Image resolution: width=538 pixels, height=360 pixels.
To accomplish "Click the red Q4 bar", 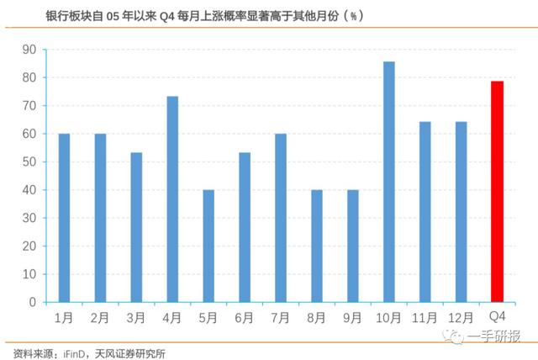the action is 497,192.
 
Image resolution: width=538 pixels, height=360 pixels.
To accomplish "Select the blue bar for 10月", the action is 389,182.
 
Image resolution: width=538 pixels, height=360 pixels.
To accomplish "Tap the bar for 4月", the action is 172,199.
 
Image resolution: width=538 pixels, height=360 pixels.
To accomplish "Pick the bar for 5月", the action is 208,246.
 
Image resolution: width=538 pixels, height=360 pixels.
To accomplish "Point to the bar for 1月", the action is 64,218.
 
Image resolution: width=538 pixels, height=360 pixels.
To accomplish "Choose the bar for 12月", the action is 462,212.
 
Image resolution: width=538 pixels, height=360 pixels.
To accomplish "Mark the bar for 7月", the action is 281,218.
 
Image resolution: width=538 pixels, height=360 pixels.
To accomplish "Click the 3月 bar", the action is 136,228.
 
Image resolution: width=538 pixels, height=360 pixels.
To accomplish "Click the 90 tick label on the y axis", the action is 29,50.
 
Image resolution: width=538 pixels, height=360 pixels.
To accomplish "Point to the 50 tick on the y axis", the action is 29,162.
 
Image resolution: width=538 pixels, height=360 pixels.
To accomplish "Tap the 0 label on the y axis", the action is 33,302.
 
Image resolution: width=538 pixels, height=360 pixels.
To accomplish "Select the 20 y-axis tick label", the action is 29,246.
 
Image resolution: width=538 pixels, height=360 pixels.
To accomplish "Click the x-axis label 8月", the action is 316,318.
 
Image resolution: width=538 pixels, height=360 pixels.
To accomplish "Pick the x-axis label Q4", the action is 497,316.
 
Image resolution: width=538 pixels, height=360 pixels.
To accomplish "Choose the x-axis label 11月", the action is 425,318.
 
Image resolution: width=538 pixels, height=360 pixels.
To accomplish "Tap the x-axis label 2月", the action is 100,318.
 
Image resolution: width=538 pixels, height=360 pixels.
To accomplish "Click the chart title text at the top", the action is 204,16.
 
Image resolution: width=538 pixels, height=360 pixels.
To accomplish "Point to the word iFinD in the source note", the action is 74,354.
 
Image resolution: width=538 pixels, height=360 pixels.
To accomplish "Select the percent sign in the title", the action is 353,16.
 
